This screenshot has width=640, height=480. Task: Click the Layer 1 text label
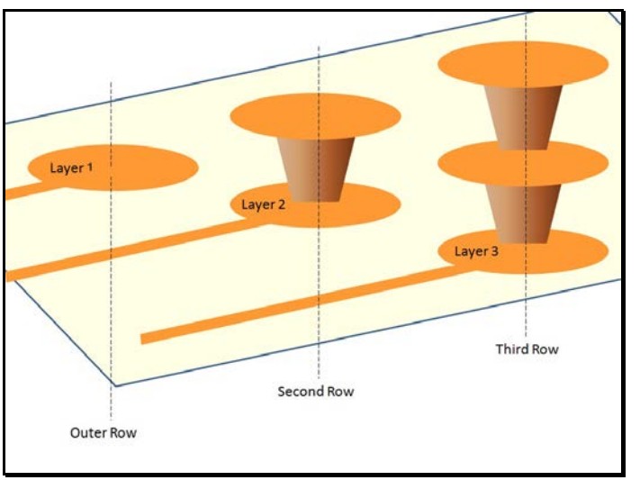click(x=70, y=168)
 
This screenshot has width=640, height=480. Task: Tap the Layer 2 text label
click(x=263, y=205)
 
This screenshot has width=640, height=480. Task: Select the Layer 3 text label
click(x=475, y=251)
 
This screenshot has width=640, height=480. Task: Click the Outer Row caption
click(x=104, y=433)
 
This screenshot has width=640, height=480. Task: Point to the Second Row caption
click(x=315, y=392)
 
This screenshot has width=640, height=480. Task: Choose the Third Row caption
click(x=527, y=349)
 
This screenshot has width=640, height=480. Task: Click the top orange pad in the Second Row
click(x=315, y=114)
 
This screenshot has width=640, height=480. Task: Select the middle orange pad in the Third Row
click(x=521, y=164)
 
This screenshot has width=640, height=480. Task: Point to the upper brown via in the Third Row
click(x=521, y=115)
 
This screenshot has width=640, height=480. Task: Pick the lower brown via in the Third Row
click(x=521, y=213)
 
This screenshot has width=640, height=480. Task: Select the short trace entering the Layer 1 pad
click(x=15, y=191)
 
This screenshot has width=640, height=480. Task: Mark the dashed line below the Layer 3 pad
click(x=527, y=306)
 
